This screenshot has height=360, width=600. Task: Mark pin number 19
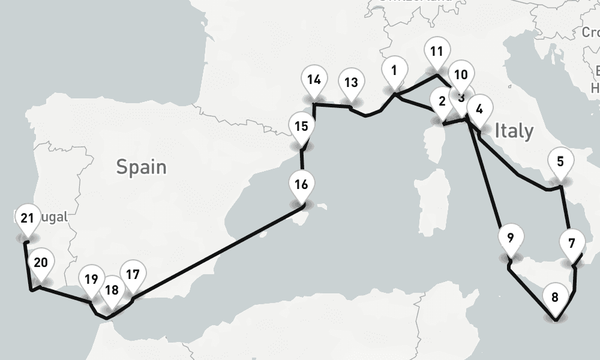click(91, 281)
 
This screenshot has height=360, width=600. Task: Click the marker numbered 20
click(41, 264)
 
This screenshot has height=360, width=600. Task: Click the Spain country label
click(142, 166)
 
